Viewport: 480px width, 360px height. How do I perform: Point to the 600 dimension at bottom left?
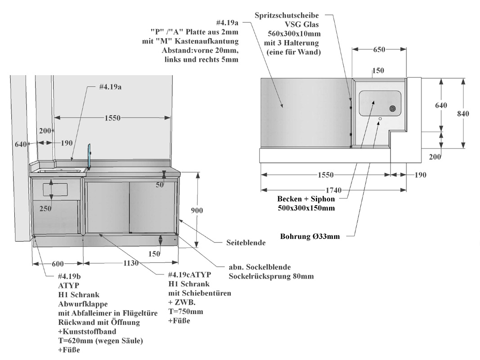57,263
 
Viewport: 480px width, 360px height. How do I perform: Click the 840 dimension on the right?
462,113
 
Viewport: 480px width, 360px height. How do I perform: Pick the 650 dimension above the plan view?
378,49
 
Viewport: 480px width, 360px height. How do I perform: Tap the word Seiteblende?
246,243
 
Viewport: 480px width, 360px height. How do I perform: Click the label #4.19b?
69,276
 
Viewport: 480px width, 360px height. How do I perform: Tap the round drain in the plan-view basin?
393,108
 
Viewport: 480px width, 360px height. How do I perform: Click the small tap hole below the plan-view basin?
380,119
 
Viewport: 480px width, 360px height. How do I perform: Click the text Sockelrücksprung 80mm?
271,276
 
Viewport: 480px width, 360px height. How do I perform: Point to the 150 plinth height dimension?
154,254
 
